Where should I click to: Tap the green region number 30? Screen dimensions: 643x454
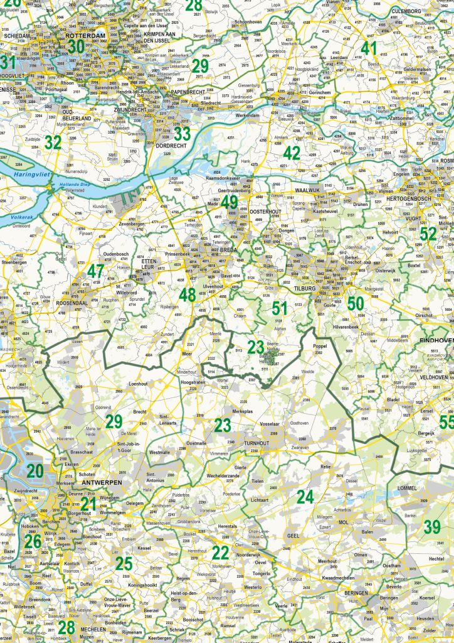(x=76, y=46)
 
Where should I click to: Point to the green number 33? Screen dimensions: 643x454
(x=182, y=133)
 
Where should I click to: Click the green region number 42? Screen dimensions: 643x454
(x=292, y=153)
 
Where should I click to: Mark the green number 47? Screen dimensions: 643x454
(x=95, y=271)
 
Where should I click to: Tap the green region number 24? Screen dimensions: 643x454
(x=305, y=497)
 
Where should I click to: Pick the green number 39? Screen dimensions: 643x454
(x=432, y=527)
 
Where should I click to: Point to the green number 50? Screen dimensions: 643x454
(x=355, y=303)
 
